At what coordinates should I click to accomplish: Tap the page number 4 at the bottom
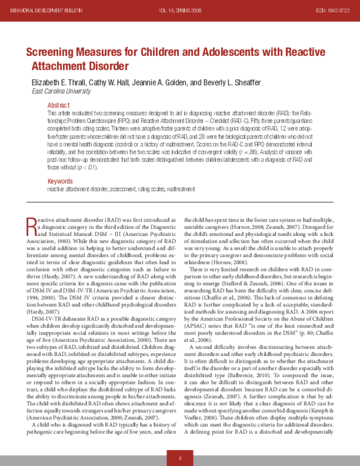pyautogui.click(x=179, y=458)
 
